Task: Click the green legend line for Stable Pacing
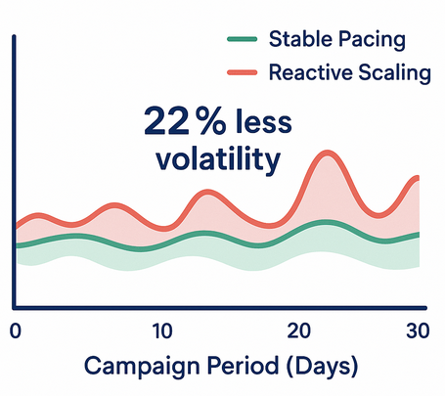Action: pyautogui.click(x=243, y=40)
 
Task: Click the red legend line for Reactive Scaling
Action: pyautogui.click(x=243, y=72)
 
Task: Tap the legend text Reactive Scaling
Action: pyautogui.click(x=348, y=72)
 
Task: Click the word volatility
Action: pyautogui.click(x=215, y=158)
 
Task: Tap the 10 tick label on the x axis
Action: pyautogui.click(x=162, y=330)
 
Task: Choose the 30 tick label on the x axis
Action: pyautogui.click(x=419, y=330)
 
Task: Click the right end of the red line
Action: pyautogui.click(x=418, y=178)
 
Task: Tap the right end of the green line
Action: pyautogui.click(x=418, y=235)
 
